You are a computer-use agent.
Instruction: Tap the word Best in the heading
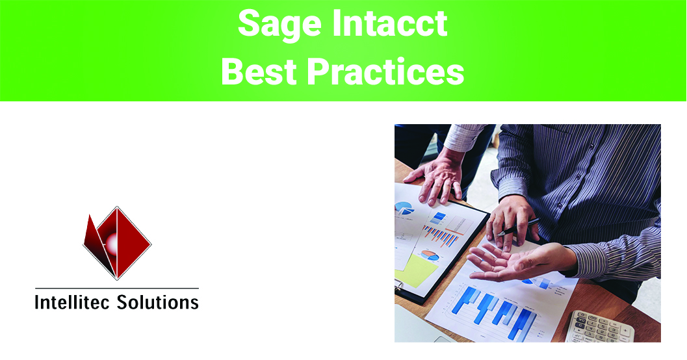click(261, 71)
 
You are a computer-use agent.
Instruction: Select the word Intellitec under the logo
click(72, 302)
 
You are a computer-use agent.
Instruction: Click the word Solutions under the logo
click(157, 302)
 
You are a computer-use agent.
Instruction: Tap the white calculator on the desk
click(599, 327)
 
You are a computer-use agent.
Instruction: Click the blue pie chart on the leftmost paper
click(404, 209)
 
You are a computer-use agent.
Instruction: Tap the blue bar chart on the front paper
click(494, 308)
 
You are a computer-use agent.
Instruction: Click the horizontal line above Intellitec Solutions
click(116, 288)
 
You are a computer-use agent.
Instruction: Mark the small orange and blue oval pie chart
click(430, 255)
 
